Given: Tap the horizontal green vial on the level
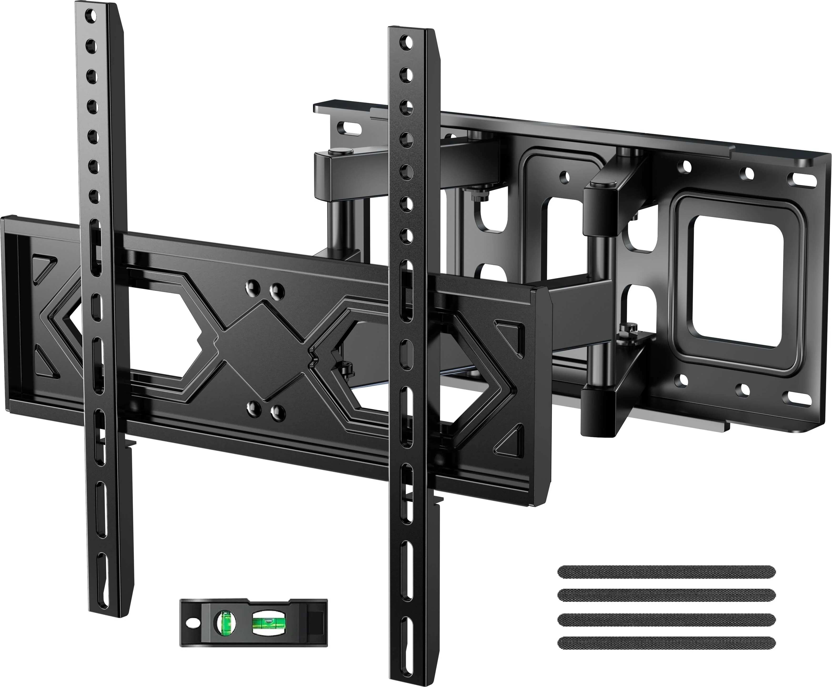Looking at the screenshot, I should pos(265,626).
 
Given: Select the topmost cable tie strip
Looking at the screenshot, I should pos(666,571).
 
